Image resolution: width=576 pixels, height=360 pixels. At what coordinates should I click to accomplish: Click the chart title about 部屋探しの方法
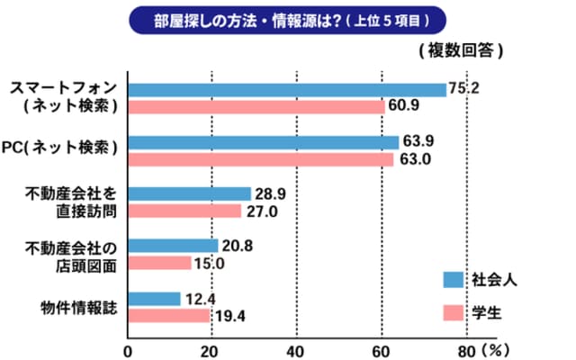(287, 18)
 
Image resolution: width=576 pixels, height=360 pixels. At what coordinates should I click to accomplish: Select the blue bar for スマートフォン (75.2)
(287, 89)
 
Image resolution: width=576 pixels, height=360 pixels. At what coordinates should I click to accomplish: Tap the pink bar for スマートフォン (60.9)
(256, 106)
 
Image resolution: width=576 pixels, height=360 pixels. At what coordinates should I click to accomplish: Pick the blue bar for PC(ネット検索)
(263, 142)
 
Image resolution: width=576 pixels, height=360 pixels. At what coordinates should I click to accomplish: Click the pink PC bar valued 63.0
(261, 159)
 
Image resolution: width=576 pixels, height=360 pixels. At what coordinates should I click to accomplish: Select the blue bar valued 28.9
(189, 193)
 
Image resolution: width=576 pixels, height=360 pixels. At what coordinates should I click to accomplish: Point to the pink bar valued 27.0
(184, 211)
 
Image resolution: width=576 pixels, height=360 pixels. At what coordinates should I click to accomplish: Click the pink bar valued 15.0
(159, 263)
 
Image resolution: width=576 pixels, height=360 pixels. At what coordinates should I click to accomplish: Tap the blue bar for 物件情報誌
(154, 299)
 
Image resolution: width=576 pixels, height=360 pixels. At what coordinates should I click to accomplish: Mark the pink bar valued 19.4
(168, 315)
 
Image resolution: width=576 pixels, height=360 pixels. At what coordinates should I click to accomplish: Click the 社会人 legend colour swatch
(453, 279)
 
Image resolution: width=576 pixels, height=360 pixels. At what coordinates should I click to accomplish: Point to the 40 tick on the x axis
(296, 349)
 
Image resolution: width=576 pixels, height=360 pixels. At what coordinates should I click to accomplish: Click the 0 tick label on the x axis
(128, 349)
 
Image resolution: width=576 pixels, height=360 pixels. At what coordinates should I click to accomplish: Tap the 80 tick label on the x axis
(465, 349)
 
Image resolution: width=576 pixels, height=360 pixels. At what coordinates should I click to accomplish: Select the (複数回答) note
(459, 50)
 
